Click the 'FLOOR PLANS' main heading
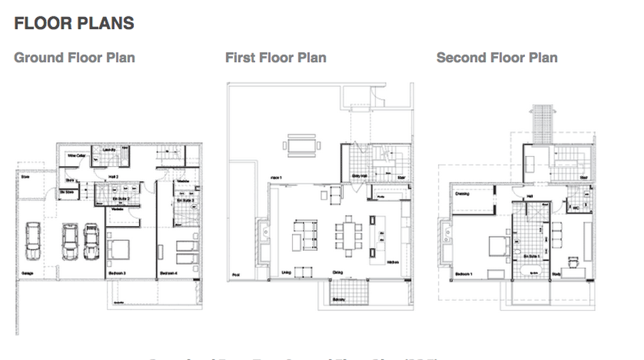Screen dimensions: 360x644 pyautogui.click(x=74, y=23)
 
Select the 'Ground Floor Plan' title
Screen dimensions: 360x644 pyautogui.click(x=74, y=58)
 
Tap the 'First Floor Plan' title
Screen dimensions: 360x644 pyautogui.click(x=276, y=58)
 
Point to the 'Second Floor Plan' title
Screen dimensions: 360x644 pyautogui.click(x=497, y=58)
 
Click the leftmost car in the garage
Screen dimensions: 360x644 pyautogui.click(x=33, y=240)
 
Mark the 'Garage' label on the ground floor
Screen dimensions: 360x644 pyautogui.click(x=26, y=272)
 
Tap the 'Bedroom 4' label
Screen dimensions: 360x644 pyautogui.click(x=168, y=273)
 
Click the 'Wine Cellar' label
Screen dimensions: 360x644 pyautogui.click(x=76, y=155)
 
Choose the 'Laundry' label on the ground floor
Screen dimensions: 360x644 pyautogui.click(x=109, y=150)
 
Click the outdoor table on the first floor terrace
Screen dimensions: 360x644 pyautogui.click(x=301, y=145)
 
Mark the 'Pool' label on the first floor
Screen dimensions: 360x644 pyautogui.click(x=235, y=275)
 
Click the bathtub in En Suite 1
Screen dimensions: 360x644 pyautogui.click(x=530, y=272)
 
